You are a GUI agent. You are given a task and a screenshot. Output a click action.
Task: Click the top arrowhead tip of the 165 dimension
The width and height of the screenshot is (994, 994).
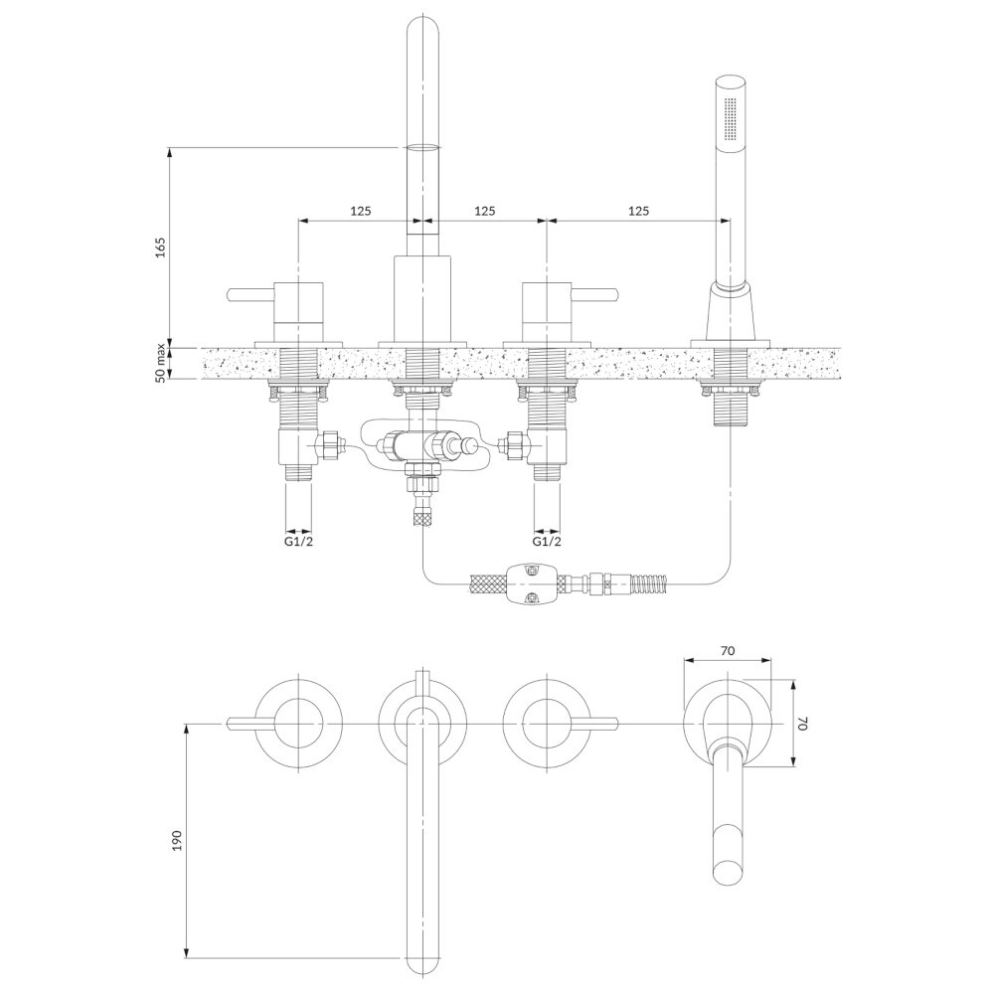(x=169, y=148)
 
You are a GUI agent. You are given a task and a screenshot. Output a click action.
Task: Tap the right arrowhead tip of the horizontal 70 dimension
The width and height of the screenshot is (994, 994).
(x=771, y=660)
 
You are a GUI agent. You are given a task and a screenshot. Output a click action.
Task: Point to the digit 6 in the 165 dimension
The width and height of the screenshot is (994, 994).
(x=160, y=248)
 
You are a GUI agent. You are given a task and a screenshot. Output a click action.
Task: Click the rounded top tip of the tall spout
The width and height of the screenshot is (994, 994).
(x=422, y=16)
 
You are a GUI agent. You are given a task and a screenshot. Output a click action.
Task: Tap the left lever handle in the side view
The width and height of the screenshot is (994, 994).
(x=251, y=295)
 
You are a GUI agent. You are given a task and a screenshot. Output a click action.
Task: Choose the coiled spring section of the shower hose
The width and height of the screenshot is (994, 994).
(x=647, y=581)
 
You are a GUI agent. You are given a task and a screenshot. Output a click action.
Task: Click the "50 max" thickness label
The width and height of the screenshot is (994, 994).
(x=161, y=363)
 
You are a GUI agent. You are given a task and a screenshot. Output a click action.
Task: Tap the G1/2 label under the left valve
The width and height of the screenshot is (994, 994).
(x=298, y=542)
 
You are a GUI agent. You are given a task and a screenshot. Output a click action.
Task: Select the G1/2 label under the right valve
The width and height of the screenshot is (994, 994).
(x=547, y=542)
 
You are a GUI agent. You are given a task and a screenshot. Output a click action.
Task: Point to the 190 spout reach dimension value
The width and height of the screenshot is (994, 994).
(x=177, y=840)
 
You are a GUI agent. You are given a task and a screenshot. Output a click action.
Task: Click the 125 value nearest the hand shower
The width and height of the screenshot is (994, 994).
(x=639, y=211)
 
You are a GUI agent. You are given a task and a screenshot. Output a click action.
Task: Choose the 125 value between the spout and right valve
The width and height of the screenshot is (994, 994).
(x=485, y=211)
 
